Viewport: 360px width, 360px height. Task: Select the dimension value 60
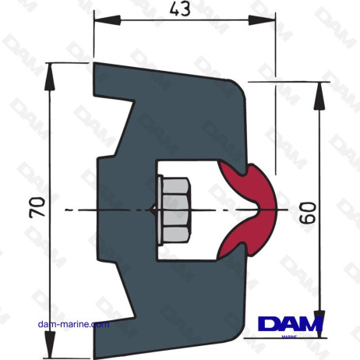tap(308, 210)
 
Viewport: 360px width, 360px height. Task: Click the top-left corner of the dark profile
tap(94, 65)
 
